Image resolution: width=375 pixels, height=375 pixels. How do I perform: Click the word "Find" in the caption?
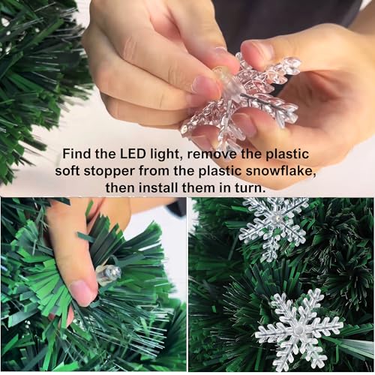pyautogui.click(x=76, y=154)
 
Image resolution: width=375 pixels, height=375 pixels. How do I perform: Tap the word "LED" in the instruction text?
pyautogui.click(x=133, y=154)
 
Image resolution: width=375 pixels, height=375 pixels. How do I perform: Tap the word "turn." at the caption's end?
pyautogui.click(x=250, y=188)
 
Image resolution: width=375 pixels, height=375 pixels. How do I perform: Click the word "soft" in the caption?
pyautogui.click(x=67, y=171)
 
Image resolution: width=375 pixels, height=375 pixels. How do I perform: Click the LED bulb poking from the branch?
pyautogui.click(x=109, y=274)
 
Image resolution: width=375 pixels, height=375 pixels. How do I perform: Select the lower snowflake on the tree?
pyautogui.click(x=298, y=328)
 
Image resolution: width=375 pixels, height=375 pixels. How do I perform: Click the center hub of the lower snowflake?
pyautogui.click(x=298, y=329)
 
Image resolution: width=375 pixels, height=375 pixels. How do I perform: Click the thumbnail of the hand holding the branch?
pyautogui.click(x=93, y=284)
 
